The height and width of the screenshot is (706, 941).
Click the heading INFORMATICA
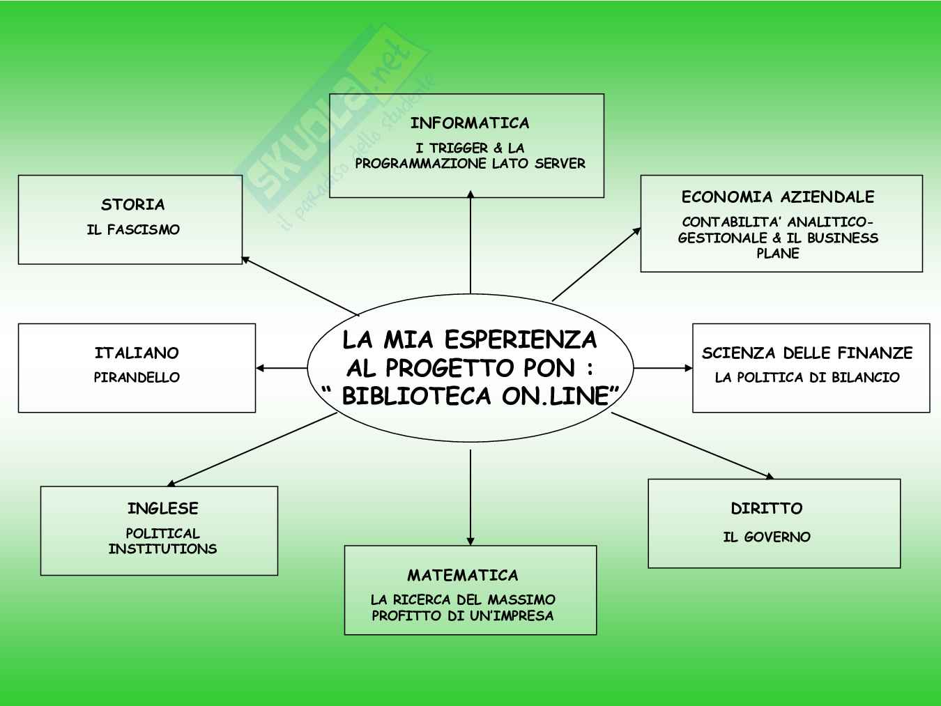click(469, 123)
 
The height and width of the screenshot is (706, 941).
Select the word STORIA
click(132, 205)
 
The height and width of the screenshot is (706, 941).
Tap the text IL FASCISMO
click(132, 230)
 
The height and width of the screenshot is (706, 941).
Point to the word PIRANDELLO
click(137, 378)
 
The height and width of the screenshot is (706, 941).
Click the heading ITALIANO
click(137, 353)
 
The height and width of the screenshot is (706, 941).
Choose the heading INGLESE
click(162, 509)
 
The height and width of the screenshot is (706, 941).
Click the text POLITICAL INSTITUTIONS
click(162, 541)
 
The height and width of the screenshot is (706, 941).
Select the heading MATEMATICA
click(463, 576)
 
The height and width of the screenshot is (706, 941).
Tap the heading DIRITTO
click(766, 509)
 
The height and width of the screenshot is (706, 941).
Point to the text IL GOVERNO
click(766, 537)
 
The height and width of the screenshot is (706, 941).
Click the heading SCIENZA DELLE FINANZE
click(806, 353)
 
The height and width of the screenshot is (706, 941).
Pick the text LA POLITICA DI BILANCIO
click(806, 378)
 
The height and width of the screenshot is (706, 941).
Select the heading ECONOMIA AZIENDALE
click(777, 197)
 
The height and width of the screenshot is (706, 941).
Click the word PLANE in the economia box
click(777, 254)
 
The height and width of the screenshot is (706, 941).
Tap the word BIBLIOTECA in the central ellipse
click(415, 397)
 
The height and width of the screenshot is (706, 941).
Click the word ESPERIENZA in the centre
click(520, 340)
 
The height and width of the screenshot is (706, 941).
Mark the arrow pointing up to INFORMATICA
click(470, 244)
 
